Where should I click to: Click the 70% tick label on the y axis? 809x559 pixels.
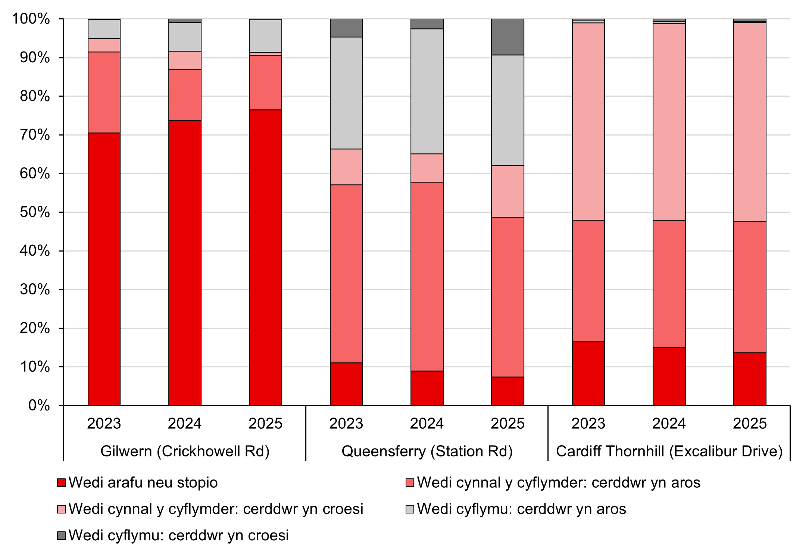click(x=34, y=135)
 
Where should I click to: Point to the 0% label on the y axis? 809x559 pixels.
click(x=39, y=406)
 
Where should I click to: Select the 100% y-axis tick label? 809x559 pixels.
click(x=31, y=19)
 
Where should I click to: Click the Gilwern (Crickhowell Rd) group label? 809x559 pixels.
click(x=185, y=451)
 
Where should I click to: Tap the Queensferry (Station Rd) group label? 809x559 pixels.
click(x=427, y=451)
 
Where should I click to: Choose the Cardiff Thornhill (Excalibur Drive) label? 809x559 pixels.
click(x=669, y=451)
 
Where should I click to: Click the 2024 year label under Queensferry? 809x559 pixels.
click(x=427, y=424)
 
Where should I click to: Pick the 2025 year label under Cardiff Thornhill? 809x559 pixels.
click(x=750, y=424)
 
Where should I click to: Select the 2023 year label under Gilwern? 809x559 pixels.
click(x=104, y=424)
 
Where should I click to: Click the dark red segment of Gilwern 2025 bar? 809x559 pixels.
click(x=265, y=257)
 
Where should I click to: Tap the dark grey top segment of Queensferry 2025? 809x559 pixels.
click(x=507, y=37)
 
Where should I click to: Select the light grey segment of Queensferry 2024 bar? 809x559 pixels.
click(x=427, y=91)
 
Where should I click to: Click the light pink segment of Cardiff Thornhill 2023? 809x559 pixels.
click(x=588, y=122)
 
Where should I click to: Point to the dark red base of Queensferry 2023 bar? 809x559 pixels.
click(x=346, y=384)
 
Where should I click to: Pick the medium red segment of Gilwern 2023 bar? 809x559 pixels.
click(x=104, y=93)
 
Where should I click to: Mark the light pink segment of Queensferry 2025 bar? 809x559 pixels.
click(x=507, y=191)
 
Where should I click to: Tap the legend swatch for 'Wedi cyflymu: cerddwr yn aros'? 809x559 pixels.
click(x=410, y=509)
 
